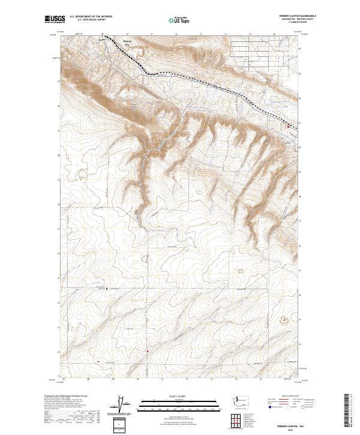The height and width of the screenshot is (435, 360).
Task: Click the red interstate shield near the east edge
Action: click(287, 126)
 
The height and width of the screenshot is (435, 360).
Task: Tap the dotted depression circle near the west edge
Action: click(80, 173)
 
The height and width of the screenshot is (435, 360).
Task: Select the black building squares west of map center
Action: click(107, 288)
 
